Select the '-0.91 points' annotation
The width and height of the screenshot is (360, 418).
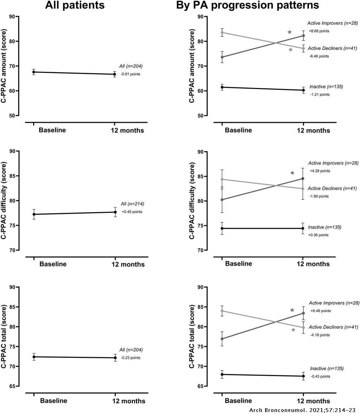click(130, 74)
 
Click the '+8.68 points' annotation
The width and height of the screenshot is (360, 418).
click(319, 31)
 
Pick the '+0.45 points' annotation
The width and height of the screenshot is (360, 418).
click(132, 212)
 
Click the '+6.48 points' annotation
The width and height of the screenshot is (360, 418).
click(320, 311)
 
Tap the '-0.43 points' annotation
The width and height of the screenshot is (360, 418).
click(320, 376)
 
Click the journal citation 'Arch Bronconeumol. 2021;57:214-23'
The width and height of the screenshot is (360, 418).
click(303, 411)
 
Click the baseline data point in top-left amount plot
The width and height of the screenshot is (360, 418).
click(34, 72)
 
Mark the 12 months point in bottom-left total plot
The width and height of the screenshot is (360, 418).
click(115, 358)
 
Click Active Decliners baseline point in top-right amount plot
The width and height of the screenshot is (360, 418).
click(222, 32)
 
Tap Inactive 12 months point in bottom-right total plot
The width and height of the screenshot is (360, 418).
click(303, 376)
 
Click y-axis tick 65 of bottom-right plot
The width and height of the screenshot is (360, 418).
click(200, 386)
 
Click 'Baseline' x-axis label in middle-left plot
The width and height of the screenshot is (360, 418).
click(53, 264)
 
